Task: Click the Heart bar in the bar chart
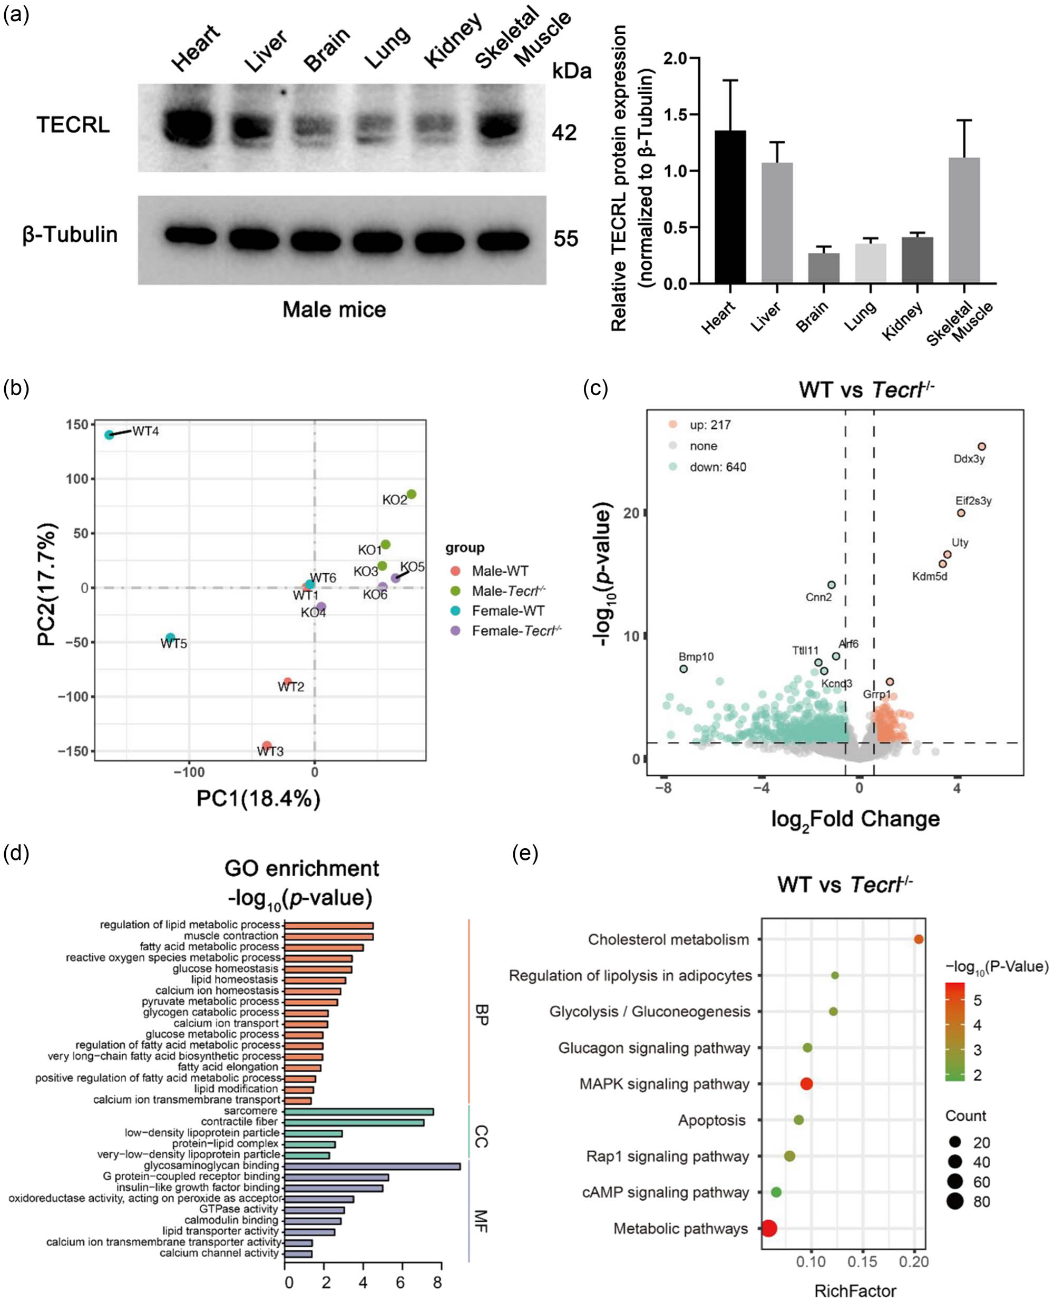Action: point(730,207)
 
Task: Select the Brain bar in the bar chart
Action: point(824,268)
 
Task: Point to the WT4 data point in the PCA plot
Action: point(109,435)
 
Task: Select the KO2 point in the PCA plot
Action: point(411,494)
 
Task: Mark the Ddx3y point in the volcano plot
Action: point(981,447)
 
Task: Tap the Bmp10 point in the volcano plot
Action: point(684,669)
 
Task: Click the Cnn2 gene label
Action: point(818,597)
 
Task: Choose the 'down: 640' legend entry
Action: point(717,467)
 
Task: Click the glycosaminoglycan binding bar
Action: point(372,1166)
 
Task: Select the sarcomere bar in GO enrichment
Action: point(358,1111)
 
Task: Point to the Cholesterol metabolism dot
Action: point(919,939)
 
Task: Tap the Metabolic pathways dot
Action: point(769,1228)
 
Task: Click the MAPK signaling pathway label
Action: point(664,1084)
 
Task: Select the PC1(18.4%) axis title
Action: point(258,799)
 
